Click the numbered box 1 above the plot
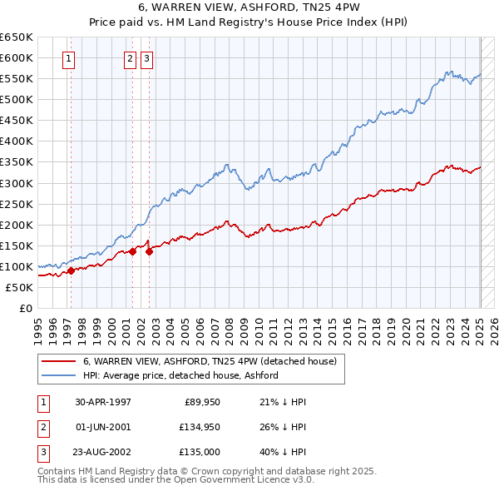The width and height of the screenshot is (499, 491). point(67,58)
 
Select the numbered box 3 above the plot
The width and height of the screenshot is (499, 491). point(146,58)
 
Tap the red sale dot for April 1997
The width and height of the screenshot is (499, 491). point(71,270)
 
